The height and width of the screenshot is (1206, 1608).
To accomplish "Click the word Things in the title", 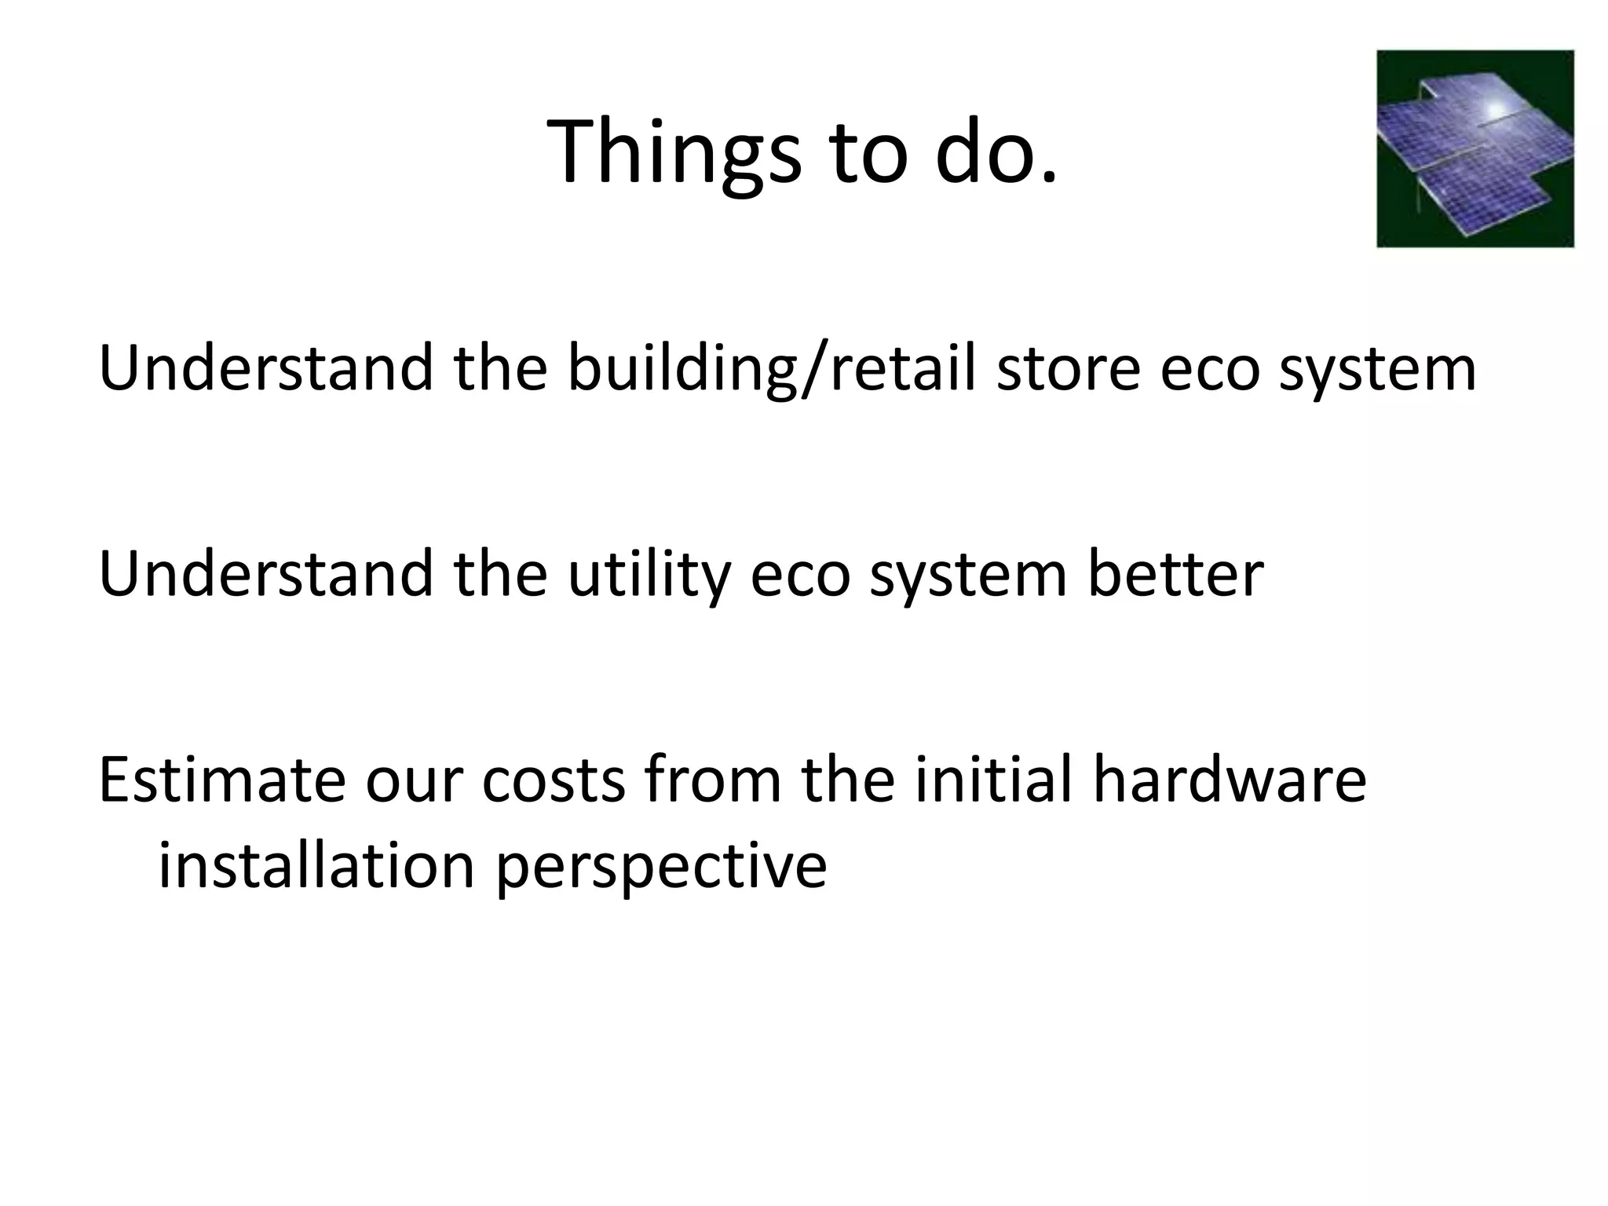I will pos(674,153).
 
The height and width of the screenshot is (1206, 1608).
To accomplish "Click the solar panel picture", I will pos(1475,149).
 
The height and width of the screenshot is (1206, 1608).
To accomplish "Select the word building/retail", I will pos(771,370).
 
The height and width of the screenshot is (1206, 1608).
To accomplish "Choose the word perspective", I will pos(661,870).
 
